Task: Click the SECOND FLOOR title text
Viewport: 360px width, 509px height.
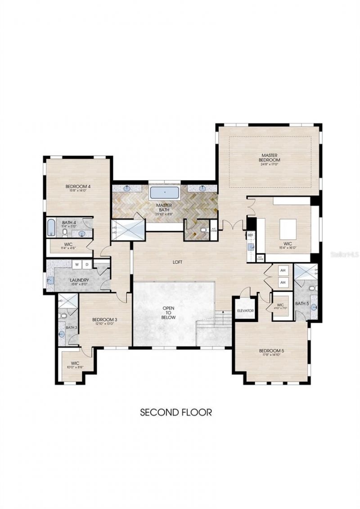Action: coord(175,412)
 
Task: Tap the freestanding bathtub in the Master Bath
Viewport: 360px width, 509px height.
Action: coord(165,193)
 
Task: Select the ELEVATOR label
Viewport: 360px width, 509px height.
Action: coord(245,311)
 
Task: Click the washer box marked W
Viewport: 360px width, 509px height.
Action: coord(77,264)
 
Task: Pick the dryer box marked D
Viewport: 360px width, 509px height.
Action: coord(87,264)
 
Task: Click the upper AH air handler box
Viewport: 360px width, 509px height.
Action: coord(283,271)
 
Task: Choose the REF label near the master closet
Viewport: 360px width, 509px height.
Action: coord(250,235)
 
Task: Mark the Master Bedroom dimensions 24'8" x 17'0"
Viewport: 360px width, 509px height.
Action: coord(270,165)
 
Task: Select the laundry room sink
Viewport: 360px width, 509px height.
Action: coord(50,280)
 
